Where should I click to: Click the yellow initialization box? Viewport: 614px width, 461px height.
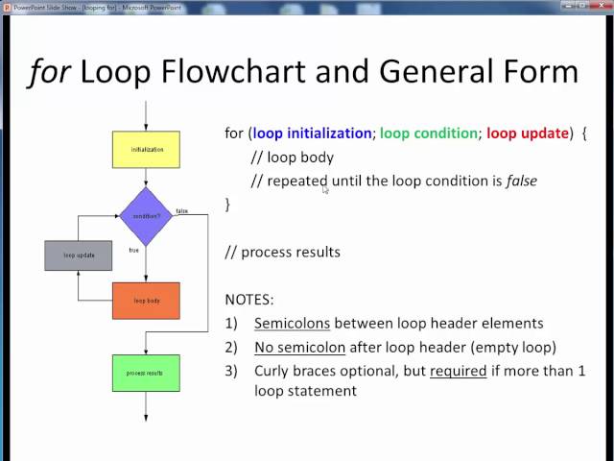pos(146,150)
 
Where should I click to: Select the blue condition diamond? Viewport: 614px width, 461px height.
pos(146,215)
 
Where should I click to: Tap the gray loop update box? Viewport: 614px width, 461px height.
pos(79,255)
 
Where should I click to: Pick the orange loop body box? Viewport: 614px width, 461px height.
pos(146,301)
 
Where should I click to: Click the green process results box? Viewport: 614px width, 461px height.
pos(146,372)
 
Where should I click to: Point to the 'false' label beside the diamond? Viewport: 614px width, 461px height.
pos(181,210)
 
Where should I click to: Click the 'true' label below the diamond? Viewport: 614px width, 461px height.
pos(134,250)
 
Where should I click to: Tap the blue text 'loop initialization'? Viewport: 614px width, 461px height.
pos(312,133)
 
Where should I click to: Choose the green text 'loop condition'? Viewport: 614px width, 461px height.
pos(431,133)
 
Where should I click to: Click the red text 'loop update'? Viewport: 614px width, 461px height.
pos(531,133)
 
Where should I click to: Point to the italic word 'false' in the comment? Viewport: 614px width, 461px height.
pos(522,181)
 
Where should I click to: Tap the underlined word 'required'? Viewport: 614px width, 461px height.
pos(458,371)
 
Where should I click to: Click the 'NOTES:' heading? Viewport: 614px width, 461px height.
pos(249,300)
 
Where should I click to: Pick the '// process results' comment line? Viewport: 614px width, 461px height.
pos(283,252)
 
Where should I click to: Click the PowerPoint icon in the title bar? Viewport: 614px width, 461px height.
pos(9,8)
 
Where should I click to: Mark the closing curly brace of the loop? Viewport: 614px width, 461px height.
pos(228,205)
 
